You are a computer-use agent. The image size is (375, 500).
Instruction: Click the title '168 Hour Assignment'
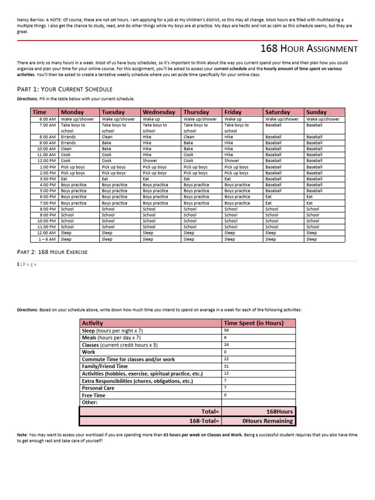click(309, 49)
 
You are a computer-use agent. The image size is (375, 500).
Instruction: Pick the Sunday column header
click(316, 112)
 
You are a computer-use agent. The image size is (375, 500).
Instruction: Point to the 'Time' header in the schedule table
click(40, 112)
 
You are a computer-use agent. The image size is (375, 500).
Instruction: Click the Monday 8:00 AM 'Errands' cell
click(68, 137)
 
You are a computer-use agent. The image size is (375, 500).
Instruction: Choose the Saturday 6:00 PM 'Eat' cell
click(269, 197)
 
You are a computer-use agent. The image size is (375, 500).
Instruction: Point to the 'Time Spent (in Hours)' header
click(252, 323)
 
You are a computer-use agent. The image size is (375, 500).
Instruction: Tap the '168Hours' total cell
click(279, 411)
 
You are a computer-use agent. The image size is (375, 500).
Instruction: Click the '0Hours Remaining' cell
click(268, 420)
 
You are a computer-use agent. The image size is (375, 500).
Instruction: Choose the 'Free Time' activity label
click(93, 395)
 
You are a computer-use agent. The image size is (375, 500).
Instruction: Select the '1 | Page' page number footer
click(26, 264)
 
